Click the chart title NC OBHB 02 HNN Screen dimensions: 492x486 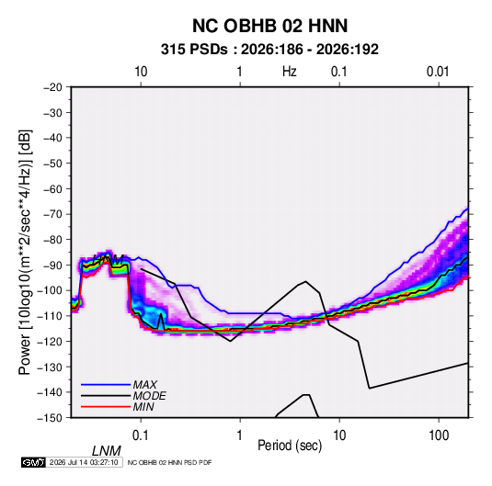[x=269, y=26]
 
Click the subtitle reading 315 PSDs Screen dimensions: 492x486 [x=194, y=50]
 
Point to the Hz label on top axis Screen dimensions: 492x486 [x=290, y=72]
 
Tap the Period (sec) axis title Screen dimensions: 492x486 [x=290, y=446]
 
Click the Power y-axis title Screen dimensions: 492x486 [x=25, y=252]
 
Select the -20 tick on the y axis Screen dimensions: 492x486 [x=52, y=87]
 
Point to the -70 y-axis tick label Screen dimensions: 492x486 [x=52, y=214]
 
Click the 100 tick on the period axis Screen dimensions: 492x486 [x=439, y=435]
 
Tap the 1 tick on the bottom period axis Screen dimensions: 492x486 [x=240, y=435]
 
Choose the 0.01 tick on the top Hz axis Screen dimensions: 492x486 [x=438, y=72]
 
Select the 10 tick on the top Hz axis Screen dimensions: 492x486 [x=141, y=72]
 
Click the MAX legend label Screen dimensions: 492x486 [x=144, y=385]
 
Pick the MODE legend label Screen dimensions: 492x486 [x=149, y=396]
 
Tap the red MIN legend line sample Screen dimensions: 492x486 [x=106, y=407]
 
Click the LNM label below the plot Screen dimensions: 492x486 [x=106, y=451]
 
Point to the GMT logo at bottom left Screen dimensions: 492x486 [x=33, y=462]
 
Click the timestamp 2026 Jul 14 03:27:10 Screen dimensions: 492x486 [x=84, y=462]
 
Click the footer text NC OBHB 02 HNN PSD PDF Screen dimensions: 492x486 [x=170, y=462]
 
